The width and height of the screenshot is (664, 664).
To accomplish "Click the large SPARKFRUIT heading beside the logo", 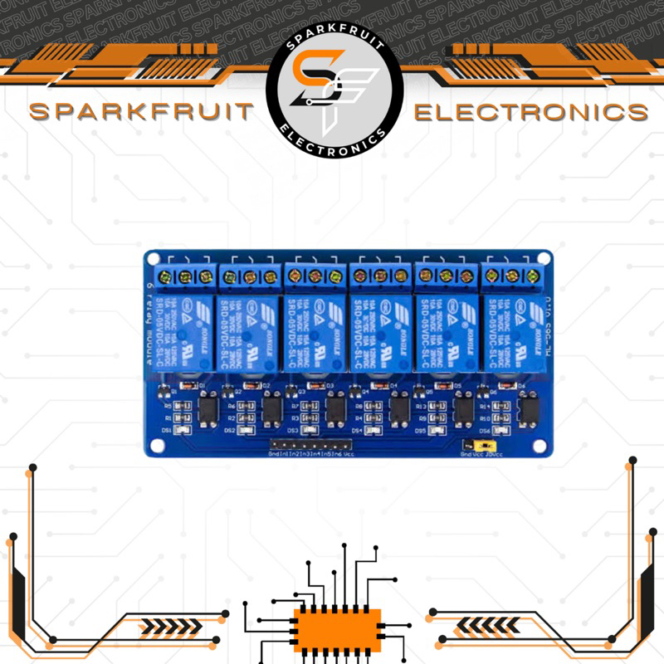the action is pyautogui.click(x=139, y=112).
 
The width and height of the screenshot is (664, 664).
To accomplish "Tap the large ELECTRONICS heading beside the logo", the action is pyautogui.click(x=531, y=112).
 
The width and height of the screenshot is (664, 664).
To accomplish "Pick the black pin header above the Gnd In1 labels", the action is pyautogui.click(x=306, y=447).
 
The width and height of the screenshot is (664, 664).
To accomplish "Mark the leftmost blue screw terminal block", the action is pyautogui.click(x=184, y=276).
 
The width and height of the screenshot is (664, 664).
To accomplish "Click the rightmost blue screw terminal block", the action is pyautogui.click(x=515, y=275).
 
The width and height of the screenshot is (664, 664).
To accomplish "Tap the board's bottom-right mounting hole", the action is pyautogui.click(x=540, y=447).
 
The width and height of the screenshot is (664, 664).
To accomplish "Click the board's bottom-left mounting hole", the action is pyautogui.click(x=155, y=447).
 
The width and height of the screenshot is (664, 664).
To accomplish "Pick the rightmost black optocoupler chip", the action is pyautogui.click(x=528, y=409).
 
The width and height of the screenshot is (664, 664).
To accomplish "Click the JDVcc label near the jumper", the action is pyautogui.click(x=496, y=455).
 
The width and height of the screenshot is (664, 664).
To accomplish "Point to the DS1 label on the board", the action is pyautogui.click(x=167, y=431).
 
